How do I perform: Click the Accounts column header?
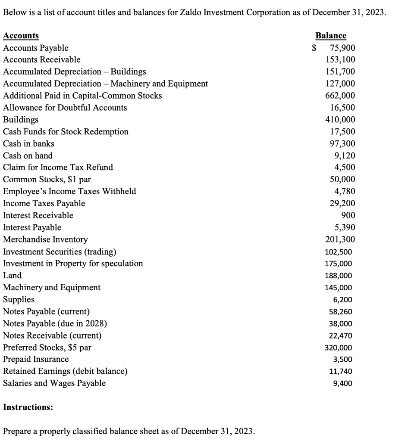21,36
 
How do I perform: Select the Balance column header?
331,36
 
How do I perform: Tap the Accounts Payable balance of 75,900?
342,48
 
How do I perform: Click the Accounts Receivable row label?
41,60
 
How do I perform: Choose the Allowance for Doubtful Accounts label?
65,108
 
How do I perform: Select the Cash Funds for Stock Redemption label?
66,131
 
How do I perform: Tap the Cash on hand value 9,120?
345,155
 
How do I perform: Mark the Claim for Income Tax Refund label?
58,167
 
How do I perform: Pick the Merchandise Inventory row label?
45,239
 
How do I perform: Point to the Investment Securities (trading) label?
59,252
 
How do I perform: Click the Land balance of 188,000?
339,276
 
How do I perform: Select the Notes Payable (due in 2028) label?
55,323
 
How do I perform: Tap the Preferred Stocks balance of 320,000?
339,348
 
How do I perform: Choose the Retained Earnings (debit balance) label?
65,371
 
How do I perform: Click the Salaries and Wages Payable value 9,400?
343,383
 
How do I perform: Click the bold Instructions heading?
28,407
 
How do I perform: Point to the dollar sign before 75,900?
315,48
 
